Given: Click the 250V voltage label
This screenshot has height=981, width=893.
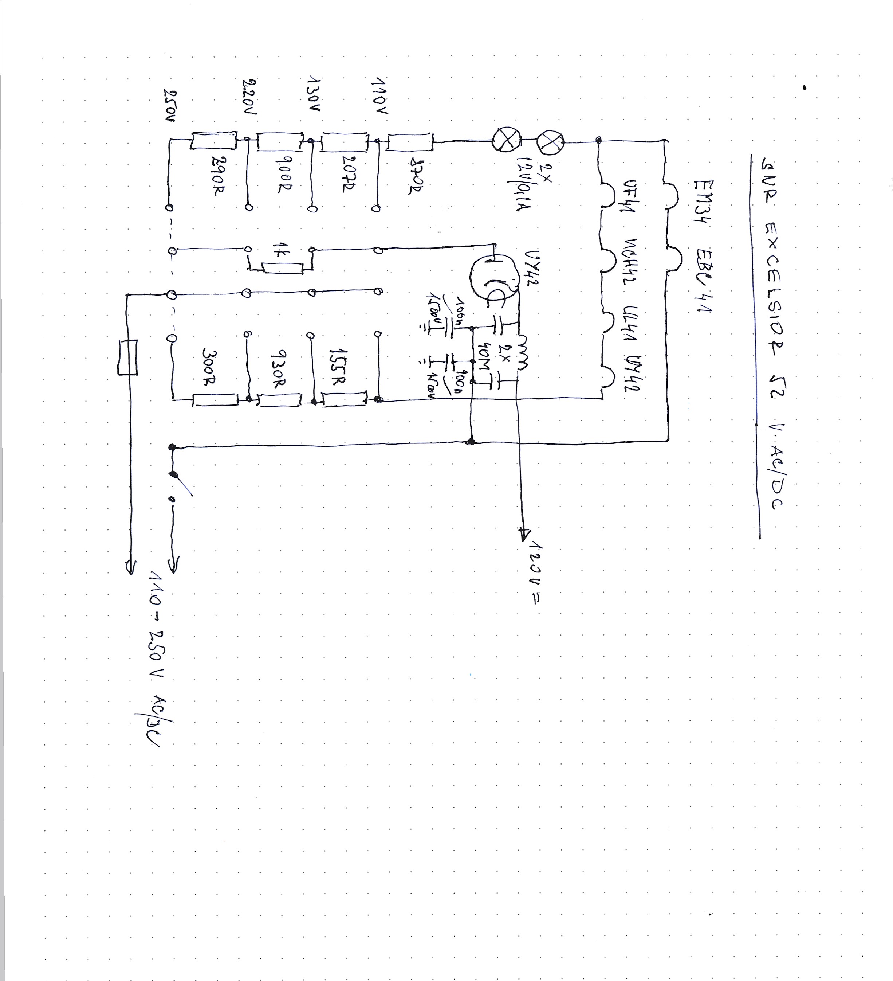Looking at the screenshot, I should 169,106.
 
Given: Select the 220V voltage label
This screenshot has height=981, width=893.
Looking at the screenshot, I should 249,97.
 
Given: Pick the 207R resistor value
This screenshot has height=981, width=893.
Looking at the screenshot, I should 350,174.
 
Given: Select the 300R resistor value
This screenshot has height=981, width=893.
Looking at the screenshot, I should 208,366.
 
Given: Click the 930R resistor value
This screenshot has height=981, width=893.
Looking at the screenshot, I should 277,369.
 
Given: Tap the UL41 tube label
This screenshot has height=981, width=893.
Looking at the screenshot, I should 632,326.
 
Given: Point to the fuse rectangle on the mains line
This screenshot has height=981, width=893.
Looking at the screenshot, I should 127,357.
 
